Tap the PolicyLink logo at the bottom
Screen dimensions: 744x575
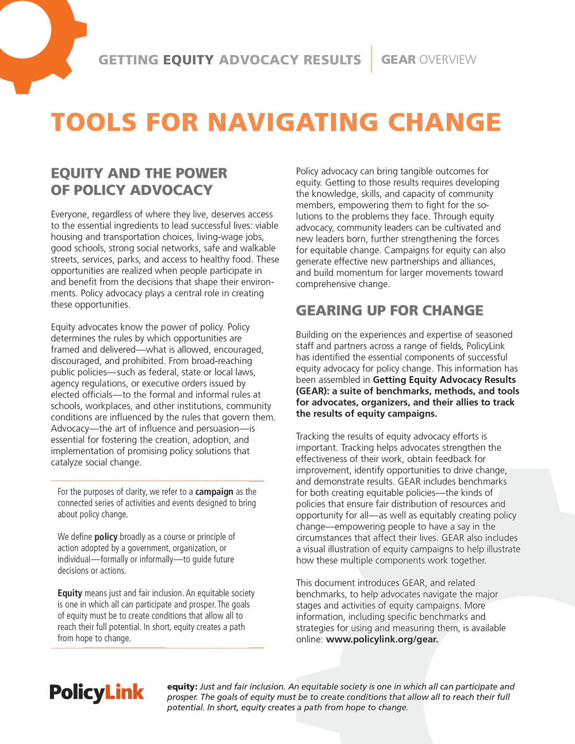click(x=97, y=693)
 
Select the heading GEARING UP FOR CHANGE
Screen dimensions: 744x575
click(x=389, y=310)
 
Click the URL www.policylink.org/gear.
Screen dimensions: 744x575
click(x=382, y=639)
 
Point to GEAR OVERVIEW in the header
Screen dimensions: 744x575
click(x=428, y=60)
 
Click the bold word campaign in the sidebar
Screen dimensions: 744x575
click(x=214, y=492)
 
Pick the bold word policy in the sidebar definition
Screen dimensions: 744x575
click(x=106, y=536)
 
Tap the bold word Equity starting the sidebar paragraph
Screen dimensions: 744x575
click(x=70, y=593)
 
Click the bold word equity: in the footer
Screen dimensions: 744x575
click(x=182, y=687)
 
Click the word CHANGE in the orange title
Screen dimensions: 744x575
click(x=444, y=122)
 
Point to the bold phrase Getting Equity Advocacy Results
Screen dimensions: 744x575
click(x=444, y=379)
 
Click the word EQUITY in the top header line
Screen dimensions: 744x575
click(x=188, y=60)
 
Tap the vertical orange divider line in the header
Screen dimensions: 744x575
click(x=371, y=59)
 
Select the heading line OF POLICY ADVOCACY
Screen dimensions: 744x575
click(x=132, y=190)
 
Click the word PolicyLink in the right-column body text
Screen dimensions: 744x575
click(x=485, y=346)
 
